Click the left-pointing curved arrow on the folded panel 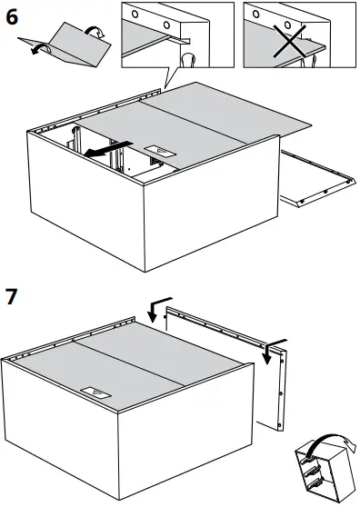coord(35,52)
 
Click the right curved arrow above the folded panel coord(94,34)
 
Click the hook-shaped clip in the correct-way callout coord(188,60)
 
